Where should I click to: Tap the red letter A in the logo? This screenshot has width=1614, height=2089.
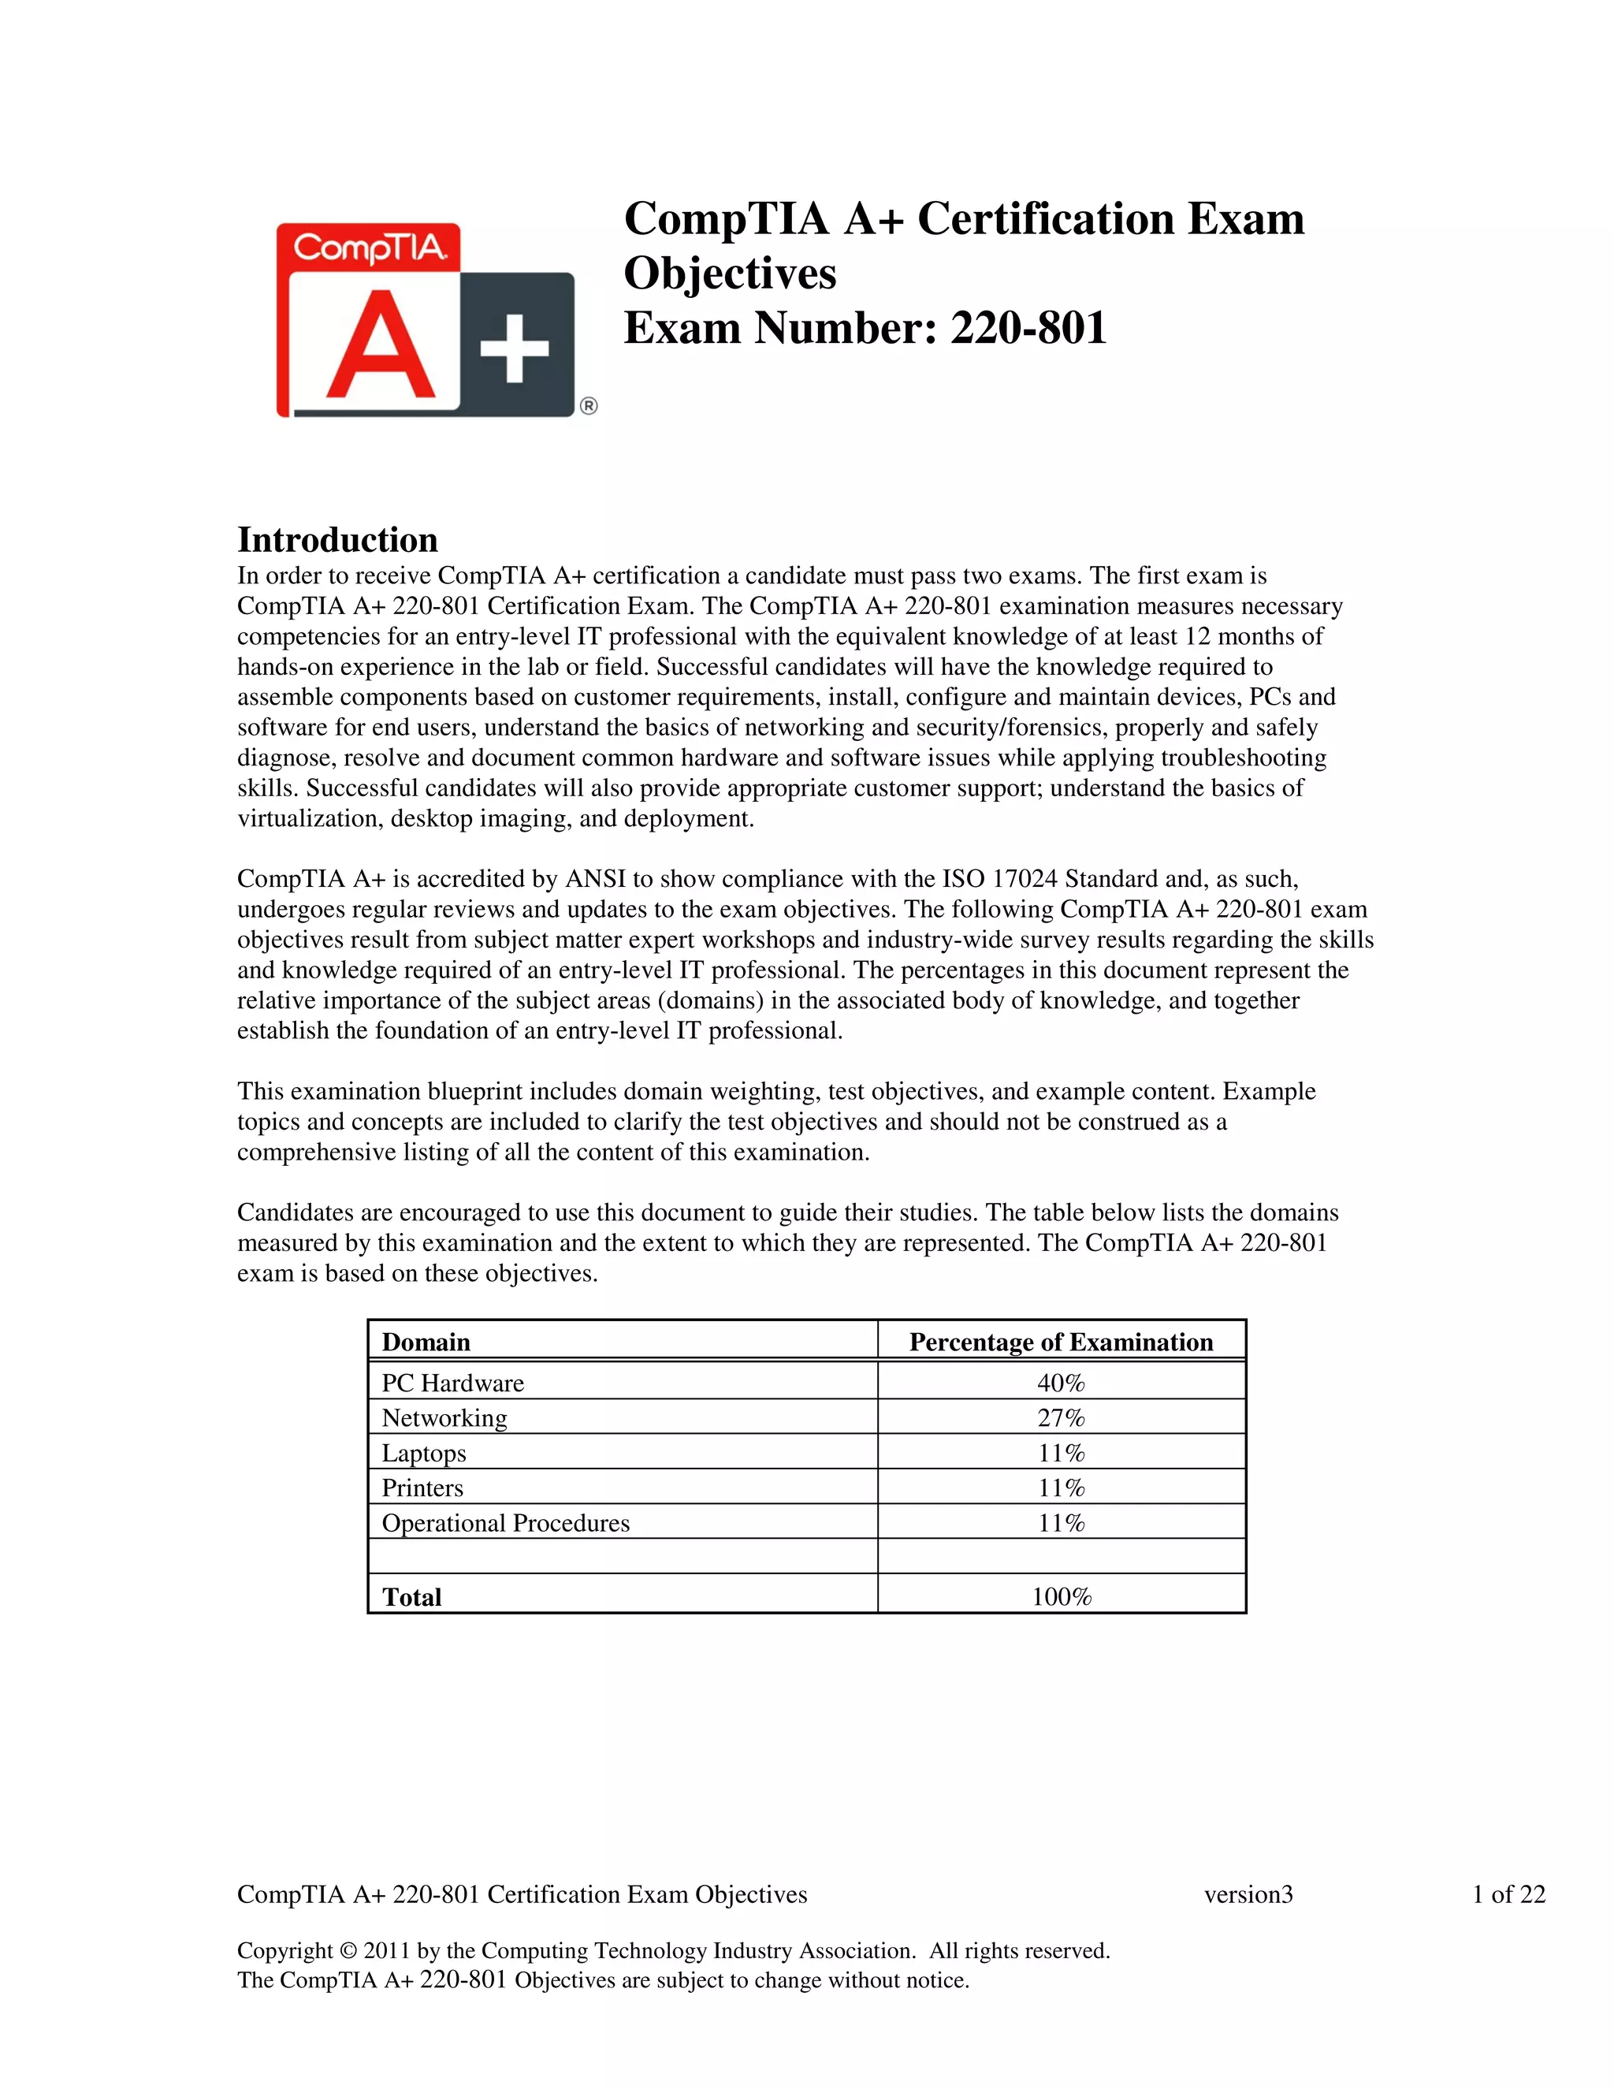click(380, 346)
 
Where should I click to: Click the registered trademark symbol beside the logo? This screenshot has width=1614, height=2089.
click(588, 407)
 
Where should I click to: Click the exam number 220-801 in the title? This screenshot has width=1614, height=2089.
click(1028, 328)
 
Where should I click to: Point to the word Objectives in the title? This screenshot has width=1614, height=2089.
click(730, 274)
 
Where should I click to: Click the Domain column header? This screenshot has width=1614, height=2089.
click(426, 1342)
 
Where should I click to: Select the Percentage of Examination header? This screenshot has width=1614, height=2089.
click(1061, 1342)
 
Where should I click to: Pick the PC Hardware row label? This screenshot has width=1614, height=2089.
click(452, 1383)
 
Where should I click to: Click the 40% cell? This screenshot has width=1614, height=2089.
click(1061, 1383)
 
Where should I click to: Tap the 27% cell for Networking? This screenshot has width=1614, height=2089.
click(1061, 1417)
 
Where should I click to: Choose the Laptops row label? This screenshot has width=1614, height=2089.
click(423, 1453)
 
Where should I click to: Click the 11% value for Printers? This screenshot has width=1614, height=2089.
click(1061, 1488)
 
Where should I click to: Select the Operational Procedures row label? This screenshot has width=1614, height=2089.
click(505, 1523)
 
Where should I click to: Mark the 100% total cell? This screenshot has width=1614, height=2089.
click(1061, 1596)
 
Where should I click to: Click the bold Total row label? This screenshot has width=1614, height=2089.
click(411, 1596)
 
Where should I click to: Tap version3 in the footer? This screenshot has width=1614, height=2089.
click(1248, 1894)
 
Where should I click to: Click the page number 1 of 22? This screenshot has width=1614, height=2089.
click(1508, 1894)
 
